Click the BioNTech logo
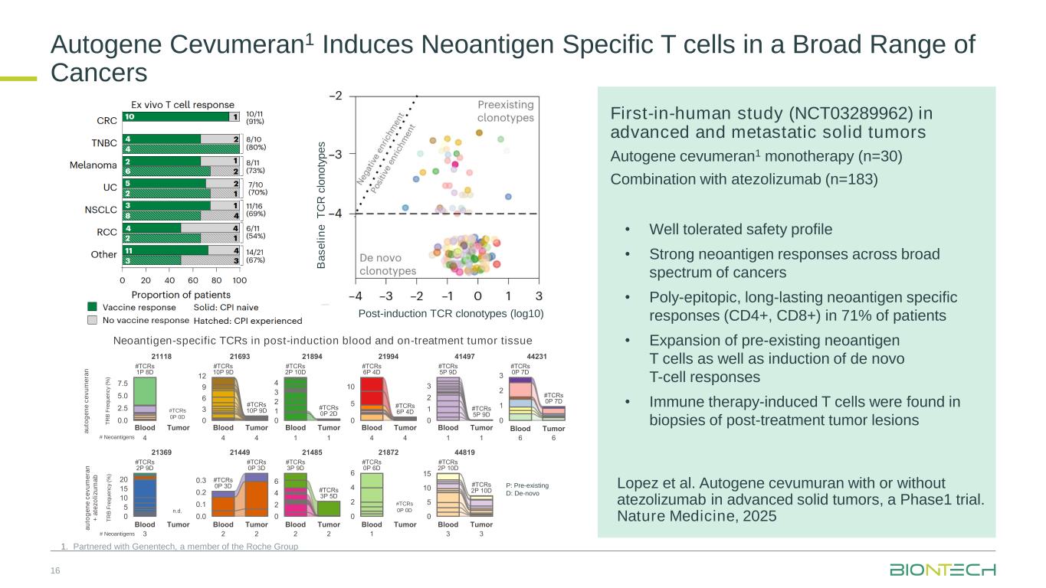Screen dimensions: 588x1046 pos(943,570)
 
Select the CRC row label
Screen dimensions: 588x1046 pos(107,120)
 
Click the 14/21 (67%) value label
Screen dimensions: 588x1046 pos(257,255)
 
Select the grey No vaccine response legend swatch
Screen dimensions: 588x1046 pos(93,320)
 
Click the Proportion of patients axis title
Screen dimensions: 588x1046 pos(181,294)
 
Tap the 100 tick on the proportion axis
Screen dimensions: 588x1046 pos(239,280)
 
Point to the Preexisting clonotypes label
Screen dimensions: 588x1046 pos(506,111)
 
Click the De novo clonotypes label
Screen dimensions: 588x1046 pos(388,265)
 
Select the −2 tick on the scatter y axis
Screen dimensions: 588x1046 pos(336,96)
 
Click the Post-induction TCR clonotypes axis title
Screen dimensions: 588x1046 pos(451,312)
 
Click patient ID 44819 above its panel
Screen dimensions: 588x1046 pos(465,452)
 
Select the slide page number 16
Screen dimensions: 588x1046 pos(55,570)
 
